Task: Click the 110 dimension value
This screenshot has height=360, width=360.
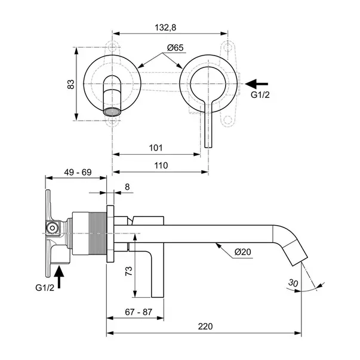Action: pyautogui.click(x=159, y=165)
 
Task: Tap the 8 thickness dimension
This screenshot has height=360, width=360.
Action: pyautogui.click(x=127, y=187)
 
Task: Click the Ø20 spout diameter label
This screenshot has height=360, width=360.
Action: pyautogui.click(x=243, y=253)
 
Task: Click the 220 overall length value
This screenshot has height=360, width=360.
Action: pyautogui.click(x=204, y=326)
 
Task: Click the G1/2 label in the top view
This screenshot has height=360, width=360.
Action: pyautogui.click(x=260, y=94)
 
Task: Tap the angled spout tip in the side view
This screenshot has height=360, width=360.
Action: pyautogui.click(x=296, y=254)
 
